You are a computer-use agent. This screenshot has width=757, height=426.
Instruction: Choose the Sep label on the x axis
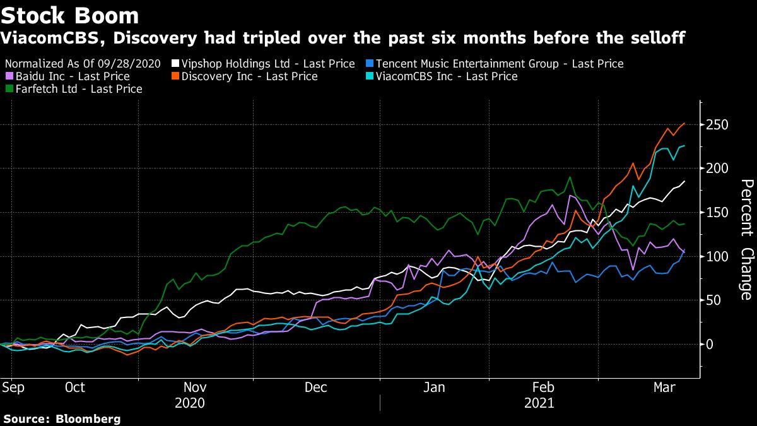[x=13, y=388]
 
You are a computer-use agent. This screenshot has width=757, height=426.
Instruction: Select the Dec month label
[x=315, y=388]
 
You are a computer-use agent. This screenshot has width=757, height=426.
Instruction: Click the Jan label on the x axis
[x=434, y=388]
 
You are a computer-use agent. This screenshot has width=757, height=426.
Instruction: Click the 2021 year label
[x=539, y=403]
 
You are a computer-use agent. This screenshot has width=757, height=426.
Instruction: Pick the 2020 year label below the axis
[x=189, y=403]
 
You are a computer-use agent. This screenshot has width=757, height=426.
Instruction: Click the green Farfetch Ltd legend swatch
[x=8, y=90]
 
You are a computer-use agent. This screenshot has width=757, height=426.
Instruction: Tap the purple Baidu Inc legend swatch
[x=8, y=76]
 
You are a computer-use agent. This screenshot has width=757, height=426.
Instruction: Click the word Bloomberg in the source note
[x=89, y=418]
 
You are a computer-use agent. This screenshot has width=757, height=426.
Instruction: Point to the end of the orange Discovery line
[x=684, y=124]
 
